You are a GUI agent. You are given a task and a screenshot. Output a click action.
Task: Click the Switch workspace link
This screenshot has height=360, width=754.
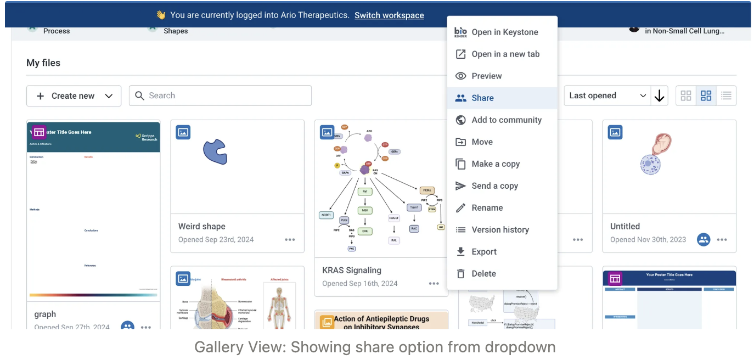point(389,15)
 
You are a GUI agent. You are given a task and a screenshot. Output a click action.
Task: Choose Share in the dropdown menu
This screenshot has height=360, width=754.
point(482,98)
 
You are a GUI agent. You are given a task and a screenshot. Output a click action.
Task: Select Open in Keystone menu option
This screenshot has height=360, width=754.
point(504,32)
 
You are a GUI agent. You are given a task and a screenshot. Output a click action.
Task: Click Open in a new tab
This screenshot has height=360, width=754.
point(505,54)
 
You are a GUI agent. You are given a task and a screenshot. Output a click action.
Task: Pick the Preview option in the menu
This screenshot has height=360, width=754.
point(486,76)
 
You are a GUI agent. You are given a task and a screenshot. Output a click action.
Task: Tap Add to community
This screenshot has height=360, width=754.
point(506,120)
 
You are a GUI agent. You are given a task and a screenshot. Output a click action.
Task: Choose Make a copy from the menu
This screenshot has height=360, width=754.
point(495,164)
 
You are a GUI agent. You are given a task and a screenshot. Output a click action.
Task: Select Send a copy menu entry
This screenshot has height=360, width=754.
point(494,186)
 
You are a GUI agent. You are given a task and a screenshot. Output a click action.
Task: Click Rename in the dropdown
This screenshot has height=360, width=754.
point(487,208)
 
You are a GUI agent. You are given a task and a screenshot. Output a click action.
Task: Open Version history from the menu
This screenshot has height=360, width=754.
point(500,230)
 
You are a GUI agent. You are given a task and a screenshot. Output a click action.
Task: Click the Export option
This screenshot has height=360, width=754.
point(483,252)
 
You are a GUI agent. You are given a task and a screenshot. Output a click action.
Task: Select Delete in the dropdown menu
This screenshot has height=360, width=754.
point(483,274)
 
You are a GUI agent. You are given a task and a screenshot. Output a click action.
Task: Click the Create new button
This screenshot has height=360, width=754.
point(74,96)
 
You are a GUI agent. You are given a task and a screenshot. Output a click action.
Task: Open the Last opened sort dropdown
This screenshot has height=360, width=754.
point(607,96)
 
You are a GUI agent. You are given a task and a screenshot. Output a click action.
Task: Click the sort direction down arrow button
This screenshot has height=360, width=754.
point(659,96)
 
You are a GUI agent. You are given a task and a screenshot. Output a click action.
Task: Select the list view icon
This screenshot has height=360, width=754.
point(726,96)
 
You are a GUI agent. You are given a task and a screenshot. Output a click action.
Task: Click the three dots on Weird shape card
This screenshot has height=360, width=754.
point(290,240)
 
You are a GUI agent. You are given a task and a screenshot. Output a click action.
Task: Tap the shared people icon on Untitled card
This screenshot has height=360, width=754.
point(704,240)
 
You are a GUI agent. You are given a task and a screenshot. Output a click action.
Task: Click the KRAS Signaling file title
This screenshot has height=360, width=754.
point(352,271)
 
